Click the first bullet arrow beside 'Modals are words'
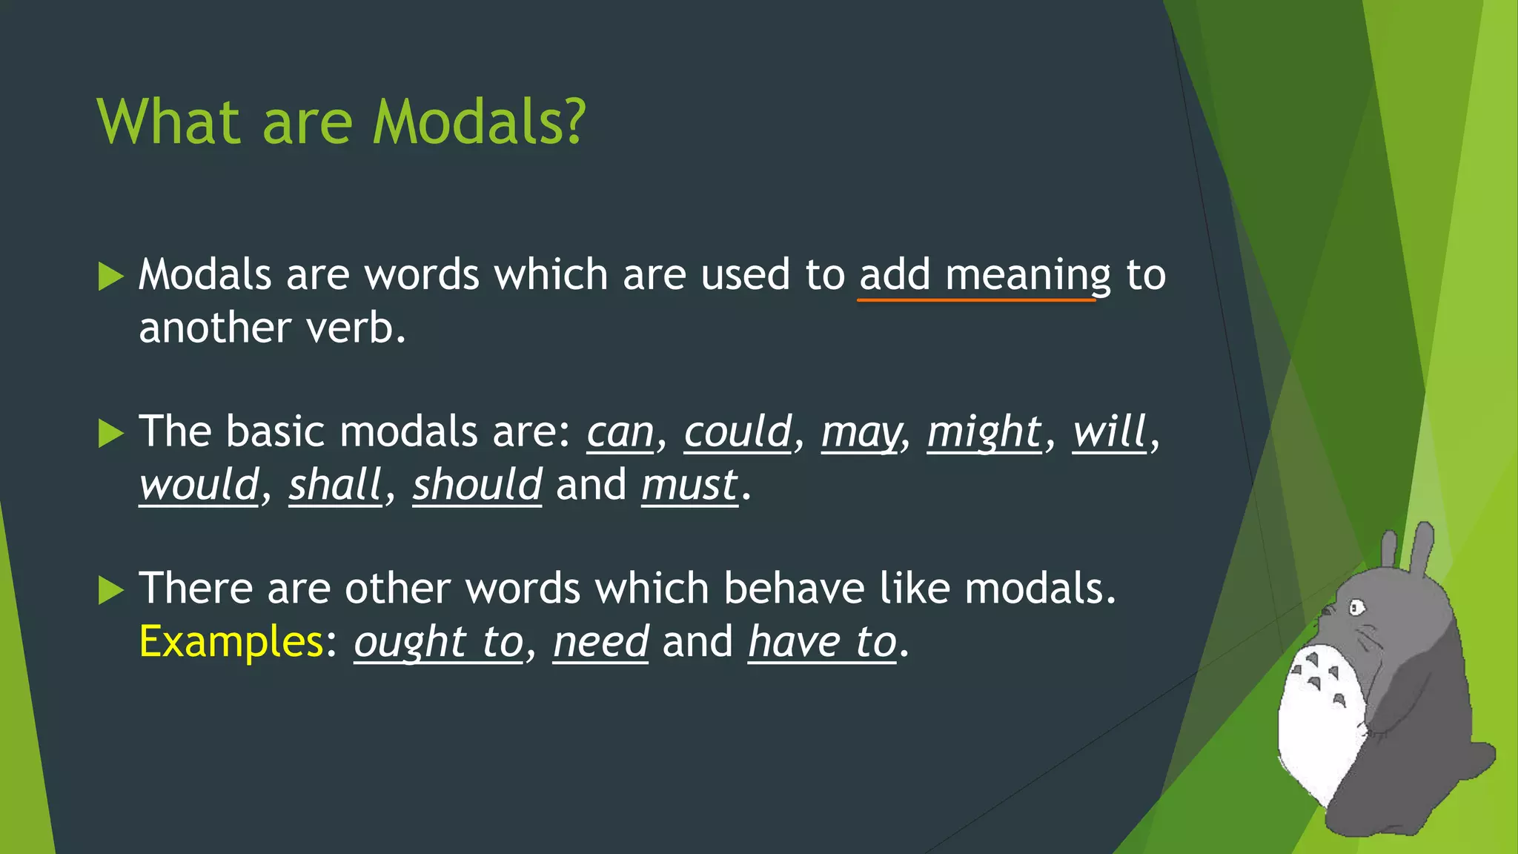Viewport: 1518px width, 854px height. (110, 277)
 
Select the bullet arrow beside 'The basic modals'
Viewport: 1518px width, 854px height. (110, 434)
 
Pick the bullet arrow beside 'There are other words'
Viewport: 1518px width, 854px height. (110, 591)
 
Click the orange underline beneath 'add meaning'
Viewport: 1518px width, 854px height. (976, 299)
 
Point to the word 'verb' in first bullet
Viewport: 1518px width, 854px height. (350, 328)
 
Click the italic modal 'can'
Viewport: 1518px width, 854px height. (620, 432)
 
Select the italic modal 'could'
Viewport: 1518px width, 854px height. (738, 432)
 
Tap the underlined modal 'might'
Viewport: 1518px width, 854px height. (984, 432)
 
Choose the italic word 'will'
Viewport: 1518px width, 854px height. (1110, 432)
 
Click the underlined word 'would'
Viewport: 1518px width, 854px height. (199, 486)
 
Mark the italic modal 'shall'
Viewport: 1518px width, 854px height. (335, 486)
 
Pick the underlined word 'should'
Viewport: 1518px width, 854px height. (477, 486)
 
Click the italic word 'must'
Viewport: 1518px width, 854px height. (690, 486)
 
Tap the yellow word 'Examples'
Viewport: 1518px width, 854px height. (231, 641)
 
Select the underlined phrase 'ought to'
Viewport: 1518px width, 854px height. (439, 641)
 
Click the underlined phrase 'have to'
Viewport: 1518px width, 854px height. (822, 641)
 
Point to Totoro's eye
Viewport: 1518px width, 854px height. (1356, 608)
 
